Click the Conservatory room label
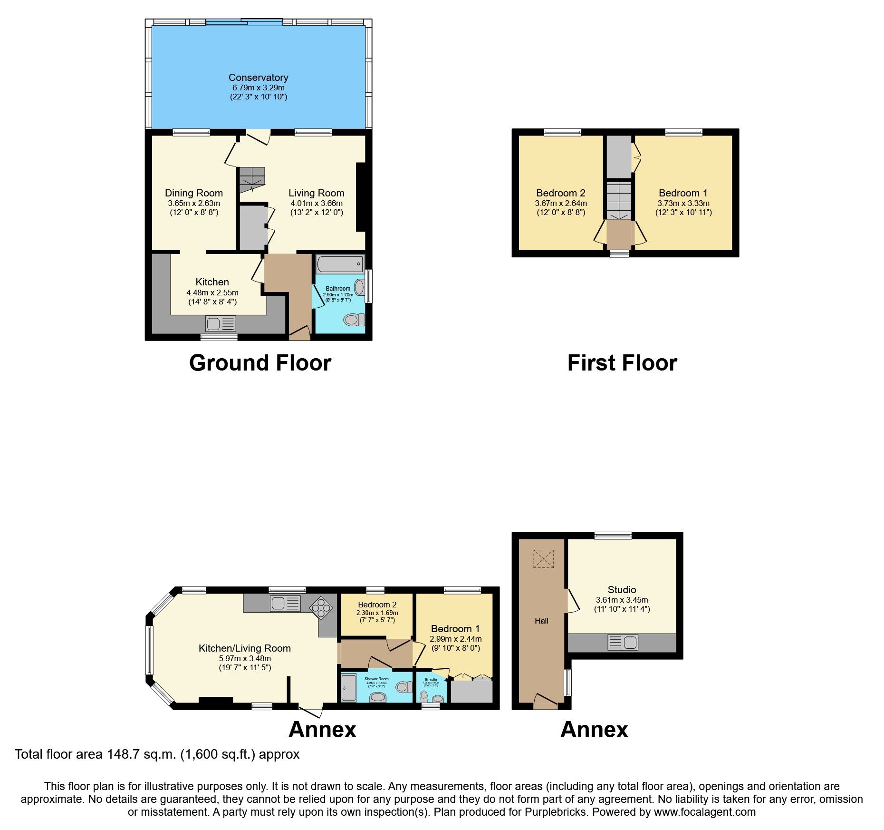(258, 78)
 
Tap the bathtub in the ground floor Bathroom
(339, 264)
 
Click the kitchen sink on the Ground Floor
(221, 324)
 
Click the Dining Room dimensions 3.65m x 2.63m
(194, 203)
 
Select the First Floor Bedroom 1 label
(683, 193)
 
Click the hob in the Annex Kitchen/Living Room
(321, 608)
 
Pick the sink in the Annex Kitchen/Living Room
(285, 604)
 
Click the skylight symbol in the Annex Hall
(544, 559)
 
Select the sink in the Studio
(623, 643)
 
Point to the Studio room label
(622, 590)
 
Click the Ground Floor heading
(260, 363)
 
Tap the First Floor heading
(622, 363)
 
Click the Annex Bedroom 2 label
(377, 605)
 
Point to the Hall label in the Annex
(541, 621)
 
